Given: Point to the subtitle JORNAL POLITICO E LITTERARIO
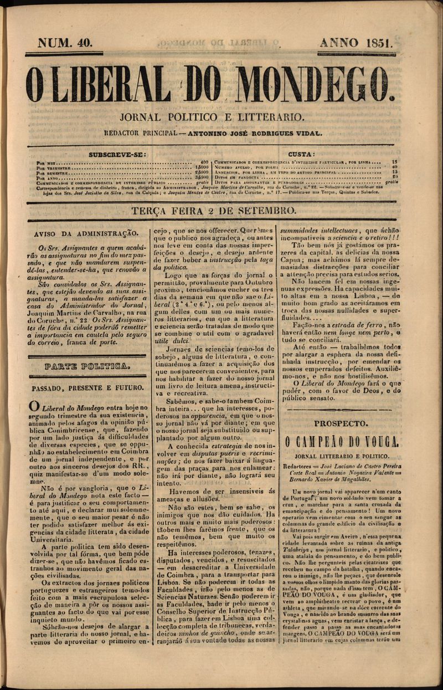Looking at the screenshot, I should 212,117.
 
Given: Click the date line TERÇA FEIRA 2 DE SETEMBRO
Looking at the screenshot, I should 213,211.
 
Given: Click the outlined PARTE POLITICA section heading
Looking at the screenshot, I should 87,366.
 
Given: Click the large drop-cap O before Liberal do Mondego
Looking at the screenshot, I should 34,408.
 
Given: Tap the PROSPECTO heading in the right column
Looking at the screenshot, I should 341,423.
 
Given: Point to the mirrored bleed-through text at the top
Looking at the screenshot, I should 212,43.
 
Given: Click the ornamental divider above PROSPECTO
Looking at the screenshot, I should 341,410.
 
